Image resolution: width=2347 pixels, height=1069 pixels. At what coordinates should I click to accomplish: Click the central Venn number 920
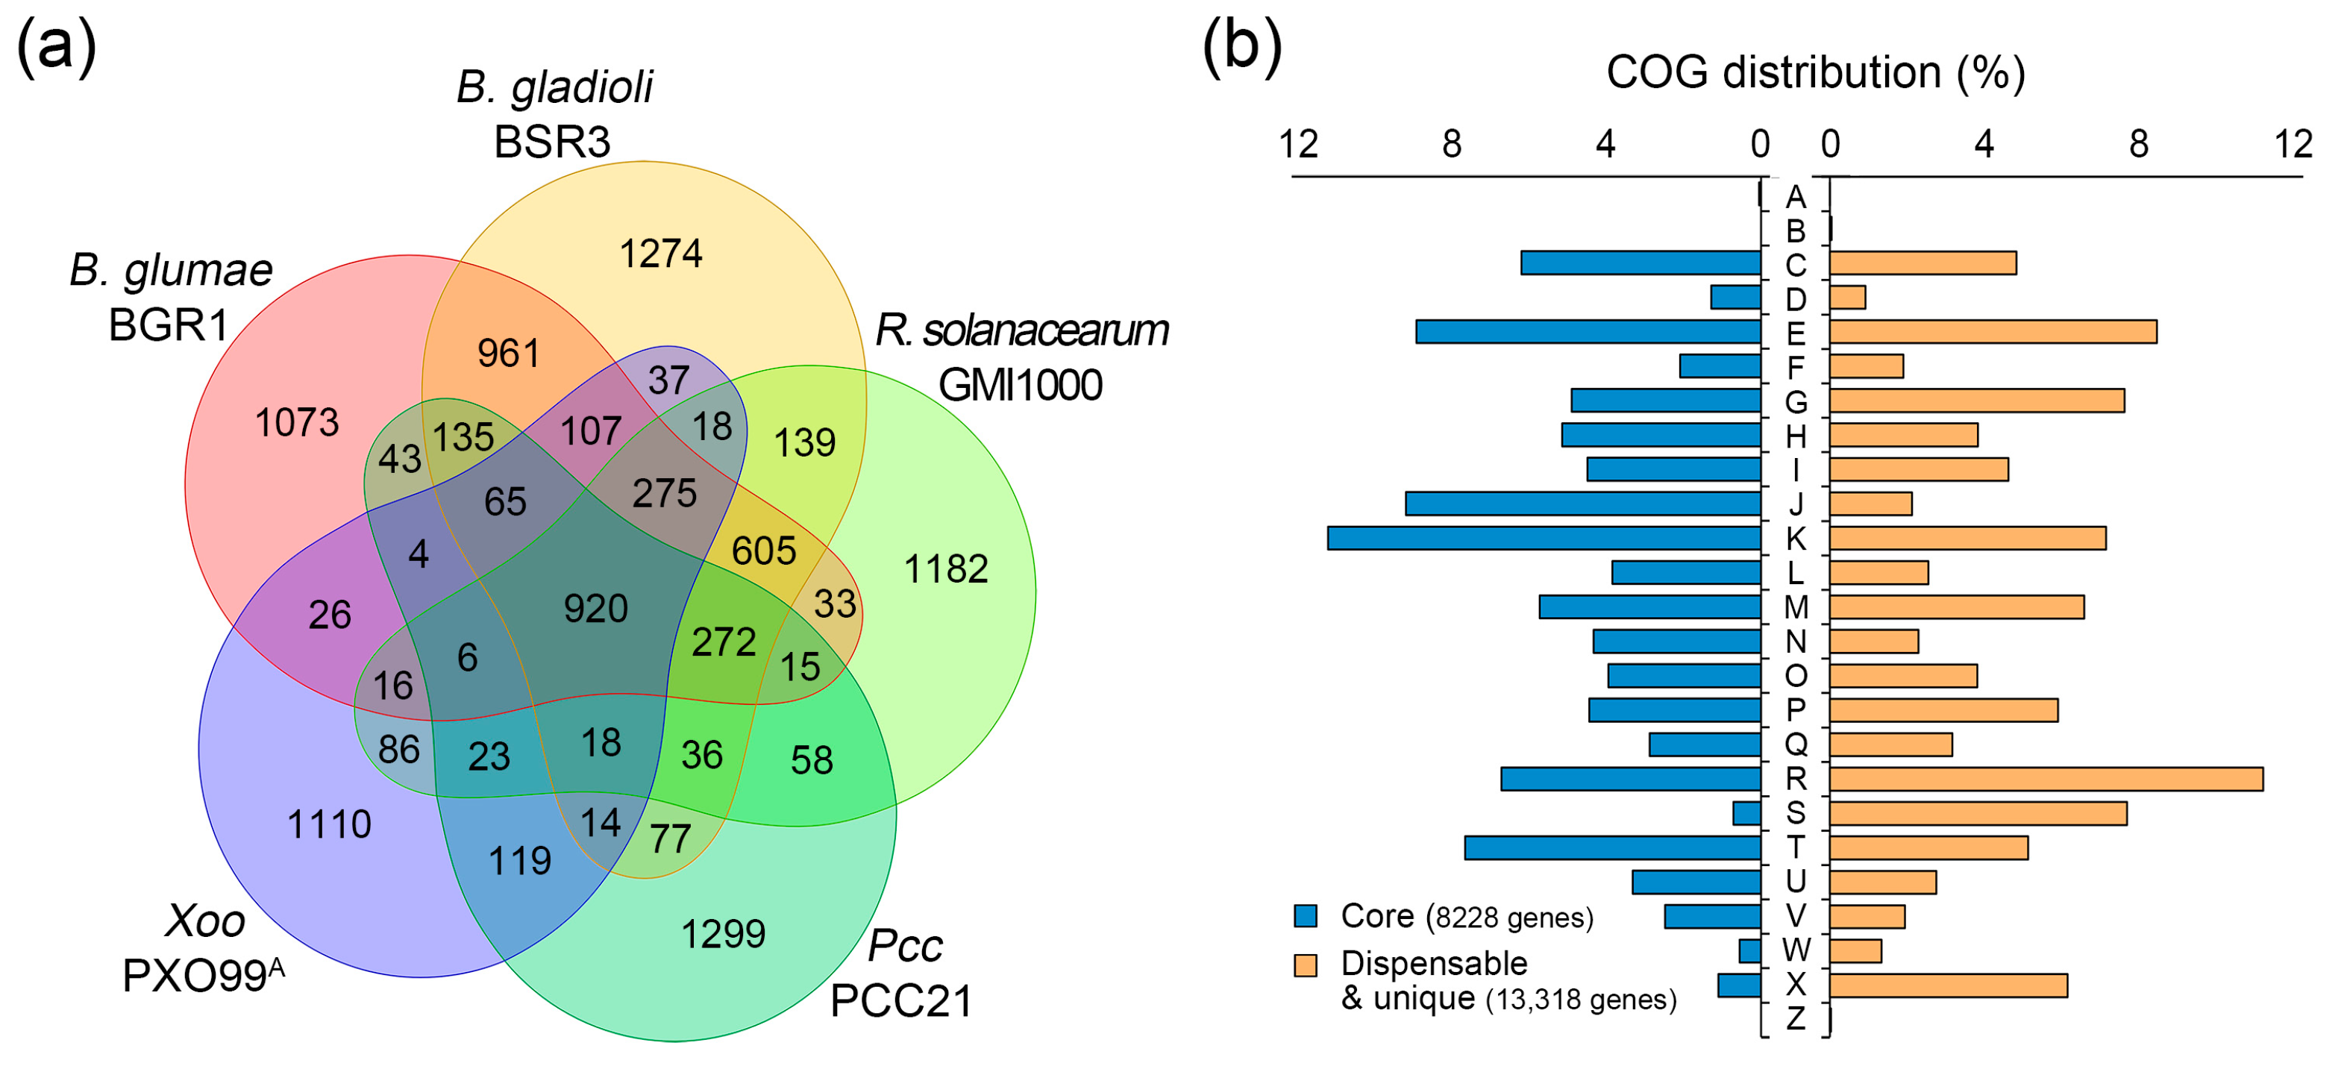(596, 609)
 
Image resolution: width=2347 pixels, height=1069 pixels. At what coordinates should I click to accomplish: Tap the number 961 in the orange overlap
(508, 354)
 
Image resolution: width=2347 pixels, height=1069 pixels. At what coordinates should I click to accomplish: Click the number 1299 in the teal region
(724, 934)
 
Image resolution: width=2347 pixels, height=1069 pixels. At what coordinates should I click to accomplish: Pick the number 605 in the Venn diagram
(763, 551)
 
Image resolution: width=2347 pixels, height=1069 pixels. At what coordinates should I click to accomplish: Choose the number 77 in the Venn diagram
(671, 838)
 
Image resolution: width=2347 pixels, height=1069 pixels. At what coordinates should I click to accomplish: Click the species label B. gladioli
(554, 87)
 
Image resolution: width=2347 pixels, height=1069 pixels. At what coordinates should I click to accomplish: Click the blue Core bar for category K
(1544, 539)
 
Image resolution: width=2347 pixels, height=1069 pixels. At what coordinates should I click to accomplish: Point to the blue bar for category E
(1587, 332)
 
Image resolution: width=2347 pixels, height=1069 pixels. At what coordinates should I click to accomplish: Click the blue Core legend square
(1306, 916)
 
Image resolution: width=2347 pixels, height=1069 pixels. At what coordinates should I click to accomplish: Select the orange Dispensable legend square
(1306, 965)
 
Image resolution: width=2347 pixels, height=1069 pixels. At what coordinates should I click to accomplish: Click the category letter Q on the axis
(1795, 744)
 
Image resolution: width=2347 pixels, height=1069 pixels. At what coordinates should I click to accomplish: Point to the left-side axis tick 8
(1451, 144)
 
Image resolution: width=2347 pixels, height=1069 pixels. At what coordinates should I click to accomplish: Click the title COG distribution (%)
(1815, 73)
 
